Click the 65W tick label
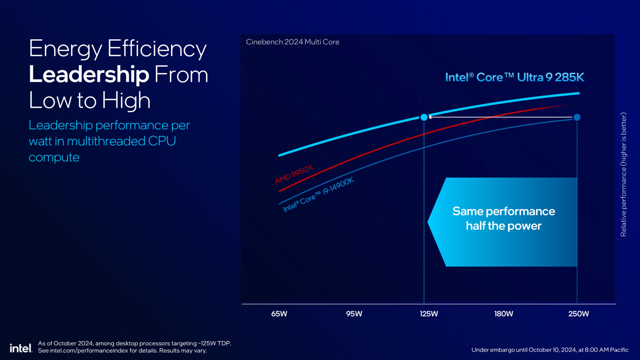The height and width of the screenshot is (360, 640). [279, 314]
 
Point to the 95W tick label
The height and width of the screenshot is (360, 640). [354, 314]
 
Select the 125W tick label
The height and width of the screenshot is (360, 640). [429, 314]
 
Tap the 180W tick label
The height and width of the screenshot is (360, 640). [504, 314]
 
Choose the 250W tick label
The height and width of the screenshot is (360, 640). [579, 314]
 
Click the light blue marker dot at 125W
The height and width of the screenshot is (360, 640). [424, 117]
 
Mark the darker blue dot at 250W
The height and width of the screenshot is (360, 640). [577, 117]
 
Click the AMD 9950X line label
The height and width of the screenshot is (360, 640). [294, 174]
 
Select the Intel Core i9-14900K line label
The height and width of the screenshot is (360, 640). [318, 195]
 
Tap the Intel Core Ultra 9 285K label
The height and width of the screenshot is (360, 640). [515, 77]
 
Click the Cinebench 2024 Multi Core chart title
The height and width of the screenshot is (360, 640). [293, 42]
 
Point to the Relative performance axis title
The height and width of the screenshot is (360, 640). [623, 174]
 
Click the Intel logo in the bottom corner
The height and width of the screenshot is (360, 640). [21, 348]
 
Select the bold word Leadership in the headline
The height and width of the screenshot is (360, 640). [89, 74]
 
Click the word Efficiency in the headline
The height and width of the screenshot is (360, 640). [157, 49]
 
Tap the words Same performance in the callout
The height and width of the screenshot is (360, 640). [503, 211]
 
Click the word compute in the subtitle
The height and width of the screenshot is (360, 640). [54, 157]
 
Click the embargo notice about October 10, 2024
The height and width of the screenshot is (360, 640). [550, 350]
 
